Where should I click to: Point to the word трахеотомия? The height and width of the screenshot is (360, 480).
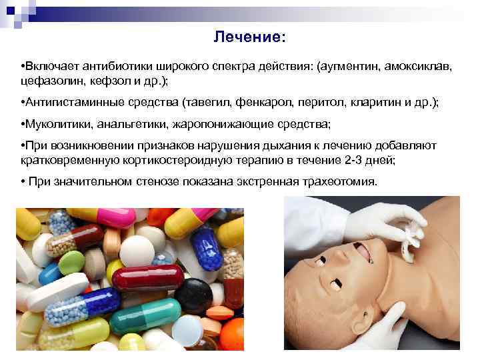tap(339, 182)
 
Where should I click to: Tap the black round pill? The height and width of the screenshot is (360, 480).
tap(194, 293)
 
